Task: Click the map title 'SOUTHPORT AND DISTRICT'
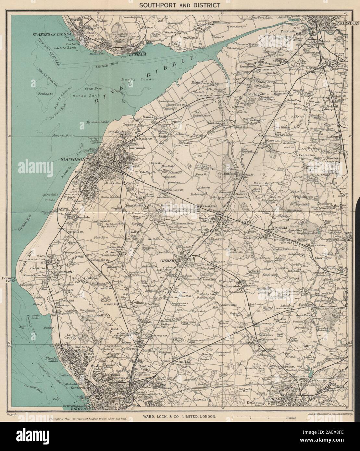point(180,5)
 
